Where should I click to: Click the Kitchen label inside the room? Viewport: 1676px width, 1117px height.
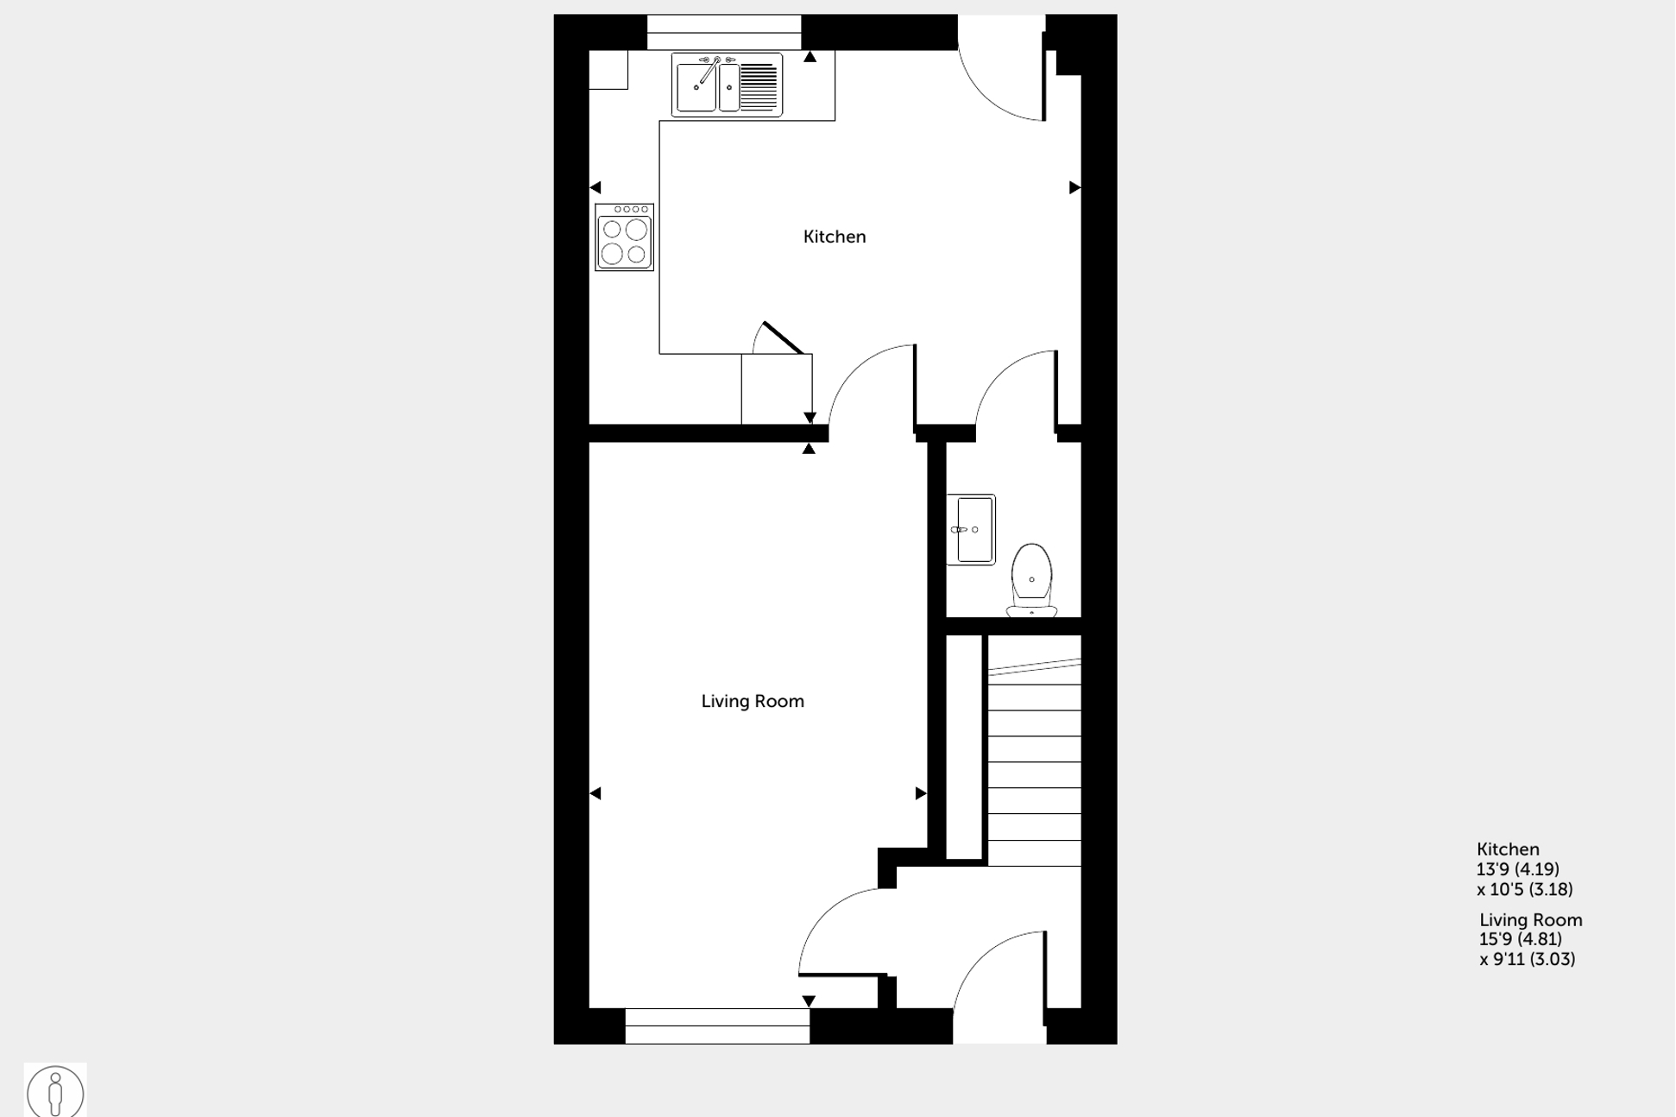tap(834, 237)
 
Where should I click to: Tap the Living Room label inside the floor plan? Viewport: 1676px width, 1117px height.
tap(752, 701)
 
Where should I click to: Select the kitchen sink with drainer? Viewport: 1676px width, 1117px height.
tap(727, 85)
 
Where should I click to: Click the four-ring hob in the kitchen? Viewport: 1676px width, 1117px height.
tap(624, 237)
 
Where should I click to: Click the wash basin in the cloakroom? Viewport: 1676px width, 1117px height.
tap(972, 529)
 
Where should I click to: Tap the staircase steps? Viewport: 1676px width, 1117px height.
tap(1034, 760)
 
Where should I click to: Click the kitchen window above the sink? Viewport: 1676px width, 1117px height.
tap(724, 33)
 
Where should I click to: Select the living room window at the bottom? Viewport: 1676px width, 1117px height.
tap(717, 1025)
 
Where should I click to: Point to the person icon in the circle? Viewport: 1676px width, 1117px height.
tap(55, 1092)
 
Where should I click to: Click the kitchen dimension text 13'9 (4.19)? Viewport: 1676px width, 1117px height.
tap(1517, 869)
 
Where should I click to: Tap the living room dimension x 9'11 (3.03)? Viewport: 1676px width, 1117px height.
tap(1527, 959)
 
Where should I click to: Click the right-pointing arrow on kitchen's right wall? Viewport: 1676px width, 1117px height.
tap(1074, 187)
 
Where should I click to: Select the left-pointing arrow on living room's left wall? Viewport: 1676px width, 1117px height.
tap(595, 793)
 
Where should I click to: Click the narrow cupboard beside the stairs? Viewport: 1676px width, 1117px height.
tap(964, 748)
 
